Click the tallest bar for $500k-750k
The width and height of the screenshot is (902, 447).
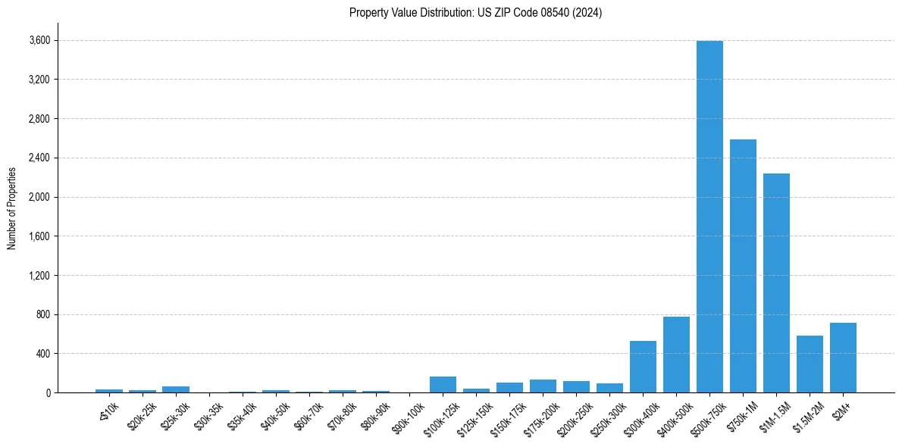pyautogui.click(x=709, y=217)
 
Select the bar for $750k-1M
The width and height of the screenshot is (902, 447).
pyautogui.click(x=743, y=266)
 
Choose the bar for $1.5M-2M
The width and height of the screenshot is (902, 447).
pyautogui.click(x=810, y=364)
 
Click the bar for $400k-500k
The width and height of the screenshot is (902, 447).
pyautogui.click(x=676, y=355)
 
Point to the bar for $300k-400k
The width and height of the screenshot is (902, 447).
pyautogui.click(x=643, y=367)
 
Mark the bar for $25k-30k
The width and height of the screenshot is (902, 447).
pyautogui.click(x=176, y=389)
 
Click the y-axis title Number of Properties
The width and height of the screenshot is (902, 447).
pyautogui.click(x=12, y=208)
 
